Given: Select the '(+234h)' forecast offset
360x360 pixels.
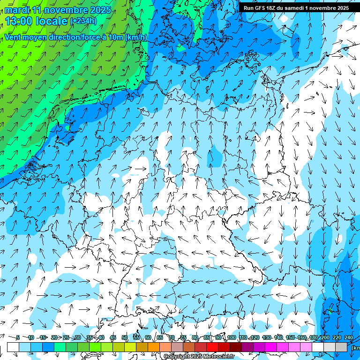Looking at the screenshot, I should [83, 21].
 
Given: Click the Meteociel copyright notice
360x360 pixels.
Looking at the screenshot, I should [198, 357].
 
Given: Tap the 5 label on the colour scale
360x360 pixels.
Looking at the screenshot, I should [18, 337].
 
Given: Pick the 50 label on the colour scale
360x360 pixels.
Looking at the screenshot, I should [125, 337].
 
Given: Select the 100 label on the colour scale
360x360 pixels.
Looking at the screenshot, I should [231, 337].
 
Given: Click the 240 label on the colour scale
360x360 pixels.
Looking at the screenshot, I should [348, 337].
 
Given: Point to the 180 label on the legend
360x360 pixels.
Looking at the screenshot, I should [313, 337].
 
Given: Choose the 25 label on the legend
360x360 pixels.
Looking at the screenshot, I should [66, 337].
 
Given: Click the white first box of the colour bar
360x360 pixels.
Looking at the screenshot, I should [13, 347].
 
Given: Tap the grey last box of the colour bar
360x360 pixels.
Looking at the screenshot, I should [341, 347].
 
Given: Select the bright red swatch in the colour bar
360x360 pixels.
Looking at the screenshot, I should [212, 347].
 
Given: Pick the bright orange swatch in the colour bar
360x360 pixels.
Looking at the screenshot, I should [154, 347].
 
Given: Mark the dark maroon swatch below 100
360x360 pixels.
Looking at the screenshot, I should [236, 347].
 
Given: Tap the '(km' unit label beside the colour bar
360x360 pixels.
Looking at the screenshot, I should [355, 347].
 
